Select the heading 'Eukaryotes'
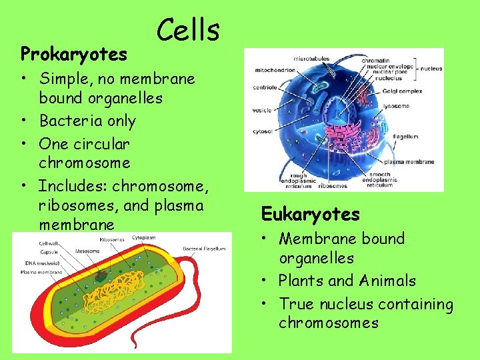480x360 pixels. pos(310,214)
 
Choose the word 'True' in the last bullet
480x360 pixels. pos(297,305)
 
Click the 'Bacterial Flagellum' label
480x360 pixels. pos(204,249)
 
